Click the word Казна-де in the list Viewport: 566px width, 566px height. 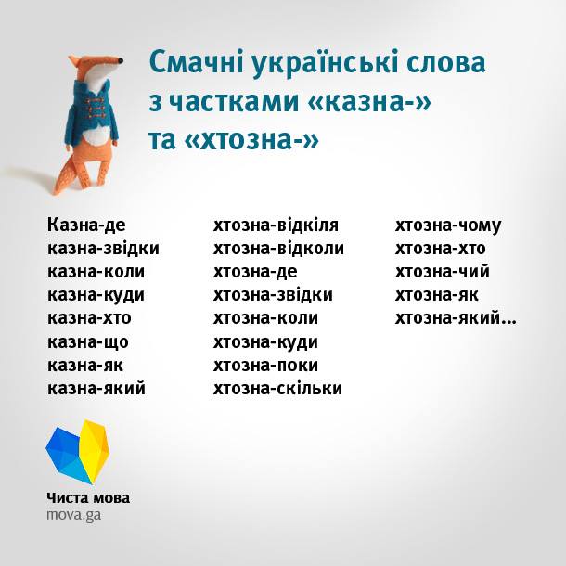[86, 225]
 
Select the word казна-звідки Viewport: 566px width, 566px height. [103, 249]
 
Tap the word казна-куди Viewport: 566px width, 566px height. [96, 295]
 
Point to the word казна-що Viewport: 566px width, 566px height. [88, 341]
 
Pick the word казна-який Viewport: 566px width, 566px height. [96, 388]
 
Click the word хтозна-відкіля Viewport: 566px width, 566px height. [276, 225]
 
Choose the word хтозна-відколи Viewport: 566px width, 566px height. [278, 249]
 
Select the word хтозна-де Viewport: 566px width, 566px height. [255, 272]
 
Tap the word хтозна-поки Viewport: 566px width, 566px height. [265, 365]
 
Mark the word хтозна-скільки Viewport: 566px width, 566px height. [277, 388]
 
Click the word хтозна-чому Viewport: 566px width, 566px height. [448, 225]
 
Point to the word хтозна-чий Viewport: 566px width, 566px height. [443, 272]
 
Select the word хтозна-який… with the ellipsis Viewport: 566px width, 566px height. [456, 318]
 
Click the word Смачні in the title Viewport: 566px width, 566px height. [194, 64]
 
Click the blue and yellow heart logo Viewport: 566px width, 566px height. [78, 452]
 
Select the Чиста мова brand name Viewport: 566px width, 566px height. [88, 497]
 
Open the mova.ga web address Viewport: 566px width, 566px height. [73, 514]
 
